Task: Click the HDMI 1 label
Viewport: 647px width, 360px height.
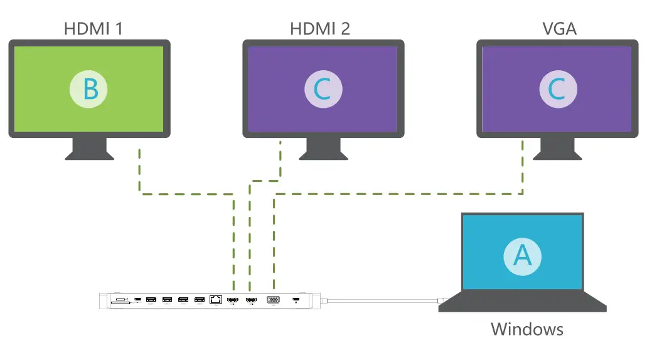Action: tap(93, 28)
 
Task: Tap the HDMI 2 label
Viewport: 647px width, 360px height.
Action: tap(320, 28)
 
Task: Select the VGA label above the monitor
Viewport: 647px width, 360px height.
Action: tap(559, 28)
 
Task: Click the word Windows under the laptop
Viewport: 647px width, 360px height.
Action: tap(527, 329)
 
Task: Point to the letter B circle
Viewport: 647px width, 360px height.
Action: tap(88, 89)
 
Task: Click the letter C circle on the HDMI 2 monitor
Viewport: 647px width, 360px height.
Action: tap(323, 89)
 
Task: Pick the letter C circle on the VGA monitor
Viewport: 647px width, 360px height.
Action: tap(557, 89)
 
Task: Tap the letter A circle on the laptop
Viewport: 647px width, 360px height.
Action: tap(523, 254)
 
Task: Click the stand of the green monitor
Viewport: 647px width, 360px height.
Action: tap(89, 149)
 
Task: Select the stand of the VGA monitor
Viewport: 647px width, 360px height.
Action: tap(557, 149)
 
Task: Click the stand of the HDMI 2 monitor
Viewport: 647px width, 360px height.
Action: tap(323, 149)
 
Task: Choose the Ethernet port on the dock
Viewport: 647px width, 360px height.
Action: tap(215, 300)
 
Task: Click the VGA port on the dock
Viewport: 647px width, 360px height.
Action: tap(274, 300)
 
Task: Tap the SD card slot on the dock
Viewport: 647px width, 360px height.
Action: tap(120, 302)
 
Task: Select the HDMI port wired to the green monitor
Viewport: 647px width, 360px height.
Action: tap(233, 301)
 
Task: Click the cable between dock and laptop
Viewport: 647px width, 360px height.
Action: tap(383, 302)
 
